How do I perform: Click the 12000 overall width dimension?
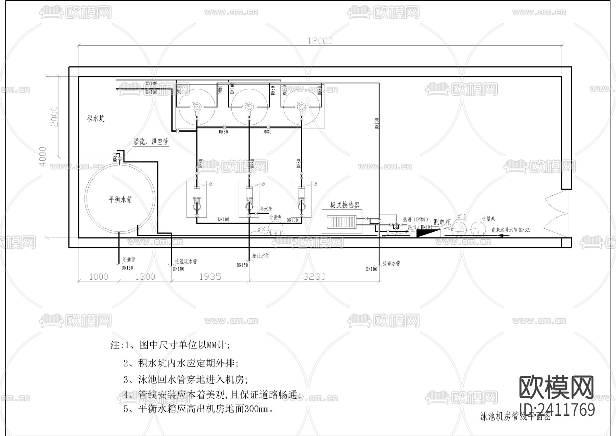[320, 41]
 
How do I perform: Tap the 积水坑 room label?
[96, 119]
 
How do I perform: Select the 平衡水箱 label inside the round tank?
[120, 199]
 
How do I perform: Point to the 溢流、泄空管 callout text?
[151, 141]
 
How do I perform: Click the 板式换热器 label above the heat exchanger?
[345, 205]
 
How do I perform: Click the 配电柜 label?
[442, 222]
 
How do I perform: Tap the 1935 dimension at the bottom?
[210, 276]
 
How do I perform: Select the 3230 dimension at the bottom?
[314, 276]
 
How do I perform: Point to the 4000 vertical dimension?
[43, 157]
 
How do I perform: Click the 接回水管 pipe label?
[260, 256]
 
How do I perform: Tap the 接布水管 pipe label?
[391, 263]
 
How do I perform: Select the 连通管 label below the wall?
[129, 260]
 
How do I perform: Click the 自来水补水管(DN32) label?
[511, 230]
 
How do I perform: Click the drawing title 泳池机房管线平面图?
[515, 417]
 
